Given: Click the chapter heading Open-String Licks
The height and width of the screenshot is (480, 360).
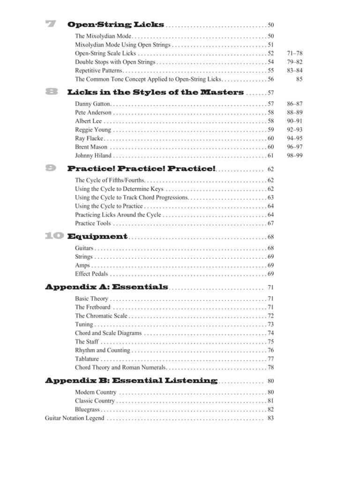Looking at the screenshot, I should (x=115, y=25).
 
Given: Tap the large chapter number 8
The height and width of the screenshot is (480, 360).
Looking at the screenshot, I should (x=51, y=92).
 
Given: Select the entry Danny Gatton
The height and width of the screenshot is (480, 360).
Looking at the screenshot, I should (x=92, y=104).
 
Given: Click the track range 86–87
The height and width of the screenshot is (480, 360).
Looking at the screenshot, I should (x=294, y=104).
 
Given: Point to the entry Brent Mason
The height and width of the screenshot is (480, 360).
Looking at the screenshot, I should (x=91, y=147).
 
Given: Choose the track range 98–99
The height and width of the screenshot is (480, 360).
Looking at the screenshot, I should (x=294, y=156).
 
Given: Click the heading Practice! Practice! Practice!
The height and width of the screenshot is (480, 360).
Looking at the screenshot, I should (x=142, y=169).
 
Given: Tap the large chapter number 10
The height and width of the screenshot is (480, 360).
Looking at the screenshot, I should (x=54, y=236).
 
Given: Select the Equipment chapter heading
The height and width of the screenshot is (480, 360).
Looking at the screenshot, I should (x=97, y=236).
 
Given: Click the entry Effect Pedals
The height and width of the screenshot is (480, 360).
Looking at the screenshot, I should (x=91, y=274).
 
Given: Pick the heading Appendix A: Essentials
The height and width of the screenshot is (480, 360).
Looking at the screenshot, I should (x=106, y=287).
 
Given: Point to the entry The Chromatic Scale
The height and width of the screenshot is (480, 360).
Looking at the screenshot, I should (x=101, y=316).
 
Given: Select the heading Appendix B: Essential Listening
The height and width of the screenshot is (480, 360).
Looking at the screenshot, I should (x=131, y=381).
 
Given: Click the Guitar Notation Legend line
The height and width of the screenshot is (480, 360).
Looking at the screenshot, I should (x=75, y=418).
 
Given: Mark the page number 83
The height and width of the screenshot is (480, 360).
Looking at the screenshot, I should (x=270, y=418).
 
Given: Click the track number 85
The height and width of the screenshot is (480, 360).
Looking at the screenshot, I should (x=299, y=79).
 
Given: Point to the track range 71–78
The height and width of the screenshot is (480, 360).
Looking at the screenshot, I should (x=294, y=53).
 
